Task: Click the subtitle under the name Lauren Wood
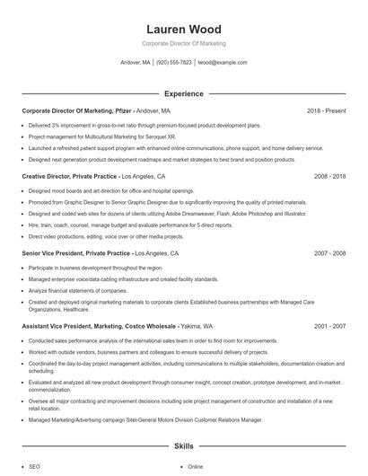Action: (183, 43)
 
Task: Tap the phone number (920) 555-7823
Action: (175, 63)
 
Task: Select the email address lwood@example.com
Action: (222, 63)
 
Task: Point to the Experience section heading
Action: (183, 93)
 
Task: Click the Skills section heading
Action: (183, 445)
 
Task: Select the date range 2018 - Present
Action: (326, 110)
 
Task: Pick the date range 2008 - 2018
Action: (329, 177)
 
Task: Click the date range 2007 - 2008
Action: (329, 254)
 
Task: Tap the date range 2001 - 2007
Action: (329, 326)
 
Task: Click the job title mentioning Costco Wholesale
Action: (98, 326)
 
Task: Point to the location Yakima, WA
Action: (196, 326)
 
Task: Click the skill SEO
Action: (34, 467)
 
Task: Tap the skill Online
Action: (196, 467)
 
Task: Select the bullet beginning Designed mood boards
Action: (99, 191)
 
